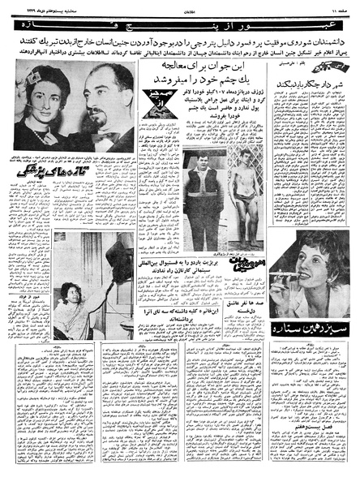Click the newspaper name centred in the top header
(x=179, y=6)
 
